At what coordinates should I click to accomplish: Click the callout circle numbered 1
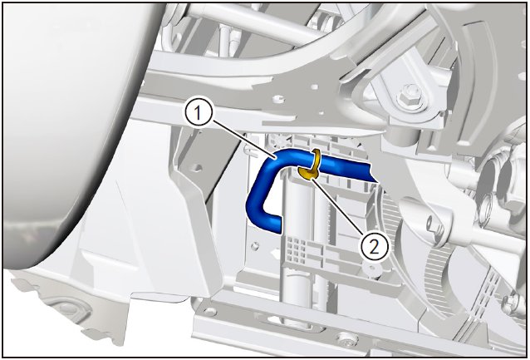point(198,114)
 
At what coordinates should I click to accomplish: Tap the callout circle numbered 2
point(374,247)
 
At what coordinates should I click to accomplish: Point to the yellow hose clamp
point(311,165)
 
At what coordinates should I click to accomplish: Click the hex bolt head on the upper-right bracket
point(410,96)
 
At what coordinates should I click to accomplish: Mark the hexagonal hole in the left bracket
point(196,167)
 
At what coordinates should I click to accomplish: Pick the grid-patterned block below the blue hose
point(297,249)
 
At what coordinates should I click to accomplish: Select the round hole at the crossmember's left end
point(210,311)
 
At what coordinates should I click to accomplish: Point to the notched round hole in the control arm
point(277,99)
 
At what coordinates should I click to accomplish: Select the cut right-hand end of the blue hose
point(375,172)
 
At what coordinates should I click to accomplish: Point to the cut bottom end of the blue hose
point(274,224)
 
